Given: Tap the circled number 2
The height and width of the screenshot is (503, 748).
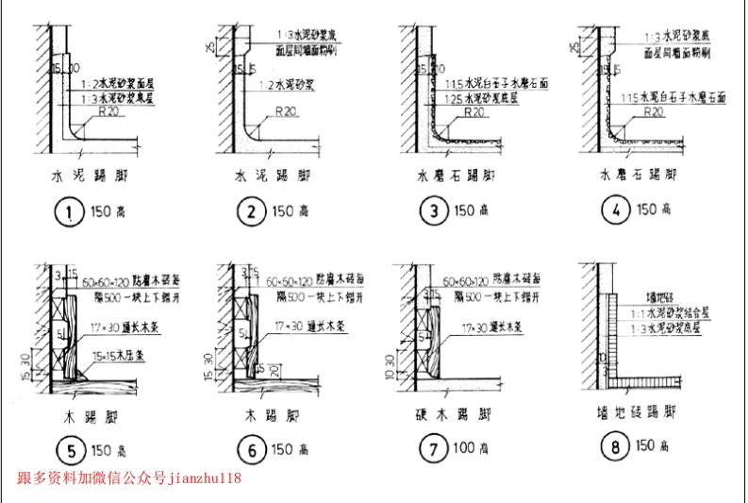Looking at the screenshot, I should (x=252, y=213).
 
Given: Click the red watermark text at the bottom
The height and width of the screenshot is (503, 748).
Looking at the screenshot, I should (x=129, y=478).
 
